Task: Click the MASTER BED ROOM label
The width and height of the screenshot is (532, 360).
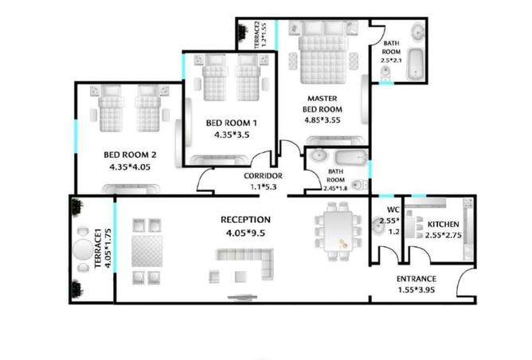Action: click(323, 104)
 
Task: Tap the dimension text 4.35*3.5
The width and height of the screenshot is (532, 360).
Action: click(232, 135)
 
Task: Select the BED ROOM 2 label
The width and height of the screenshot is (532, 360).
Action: click(130, 155)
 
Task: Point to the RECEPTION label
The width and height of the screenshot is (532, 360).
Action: click(245, 220)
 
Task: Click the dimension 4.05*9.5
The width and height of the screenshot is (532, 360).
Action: click(245, 233)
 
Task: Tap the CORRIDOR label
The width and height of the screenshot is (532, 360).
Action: click(263, 176)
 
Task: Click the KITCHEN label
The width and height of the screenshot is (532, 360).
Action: click(443, 225)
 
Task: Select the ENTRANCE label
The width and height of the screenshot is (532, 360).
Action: click(417, 279)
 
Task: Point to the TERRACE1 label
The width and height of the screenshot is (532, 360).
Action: click(98, 248)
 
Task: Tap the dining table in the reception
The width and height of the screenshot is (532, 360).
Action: click(338, 232)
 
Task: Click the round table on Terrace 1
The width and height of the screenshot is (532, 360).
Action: click(83, 249)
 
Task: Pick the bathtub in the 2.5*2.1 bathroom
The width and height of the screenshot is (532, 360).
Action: click(415, 65)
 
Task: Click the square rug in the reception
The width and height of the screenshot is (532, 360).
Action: click(147, 251)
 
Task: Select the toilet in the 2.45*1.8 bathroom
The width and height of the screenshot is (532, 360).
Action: click(358, 186)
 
